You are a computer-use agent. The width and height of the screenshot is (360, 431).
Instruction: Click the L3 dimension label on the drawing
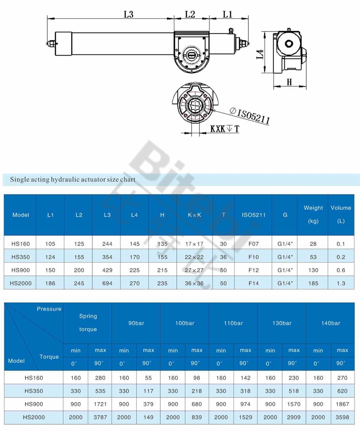(128, 14)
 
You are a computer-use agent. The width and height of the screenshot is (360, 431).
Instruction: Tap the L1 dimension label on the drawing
(227, 14)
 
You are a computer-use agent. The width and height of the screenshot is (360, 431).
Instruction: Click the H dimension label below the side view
(290, 82)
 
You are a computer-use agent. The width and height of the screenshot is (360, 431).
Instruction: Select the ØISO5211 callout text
(249, 115)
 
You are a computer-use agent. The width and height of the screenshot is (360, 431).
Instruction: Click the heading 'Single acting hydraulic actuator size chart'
(73, 179)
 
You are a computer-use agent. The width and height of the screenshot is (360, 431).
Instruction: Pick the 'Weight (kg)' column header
(313, 214)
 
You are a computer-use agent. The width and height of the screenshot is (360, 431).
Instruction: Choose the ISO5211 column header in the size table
(253, 215)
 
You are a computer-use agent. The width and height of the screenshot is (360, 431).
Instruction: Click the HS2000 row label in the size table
(20, 283)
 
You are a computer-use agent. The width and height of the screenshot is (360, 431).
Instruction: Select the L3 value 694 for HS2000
(107, 283)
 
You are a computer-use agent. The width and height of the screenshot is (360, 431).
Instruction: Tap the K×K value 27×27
(194, 270)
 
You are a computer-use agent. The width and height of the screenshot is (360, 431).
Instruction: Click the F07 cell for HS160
(253, 244)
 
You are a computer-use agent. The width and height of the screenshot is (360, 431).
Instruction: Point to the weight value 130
(313, 270)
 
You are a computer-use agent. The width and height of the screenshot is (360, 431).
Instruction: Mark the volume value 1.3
(341, 283)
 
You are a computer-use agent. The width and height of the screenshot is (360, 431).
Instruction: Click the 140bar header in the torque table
(330, 323)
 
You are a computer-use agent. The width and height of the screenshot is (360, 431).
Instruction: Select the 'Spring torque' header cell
(88, 323)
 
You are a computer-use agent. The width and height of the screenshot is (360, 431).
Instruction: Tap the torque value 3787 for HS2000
(100, 417)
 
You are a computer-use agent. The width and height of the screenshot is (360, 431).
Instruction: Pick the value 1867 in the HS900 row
(342, 404)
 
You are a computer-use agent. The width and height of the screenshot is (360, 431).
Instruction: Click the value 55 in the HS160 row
(148, 378)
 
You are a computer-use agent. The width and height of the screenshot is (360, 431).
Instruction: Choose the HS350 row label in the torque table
(34, 391)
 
